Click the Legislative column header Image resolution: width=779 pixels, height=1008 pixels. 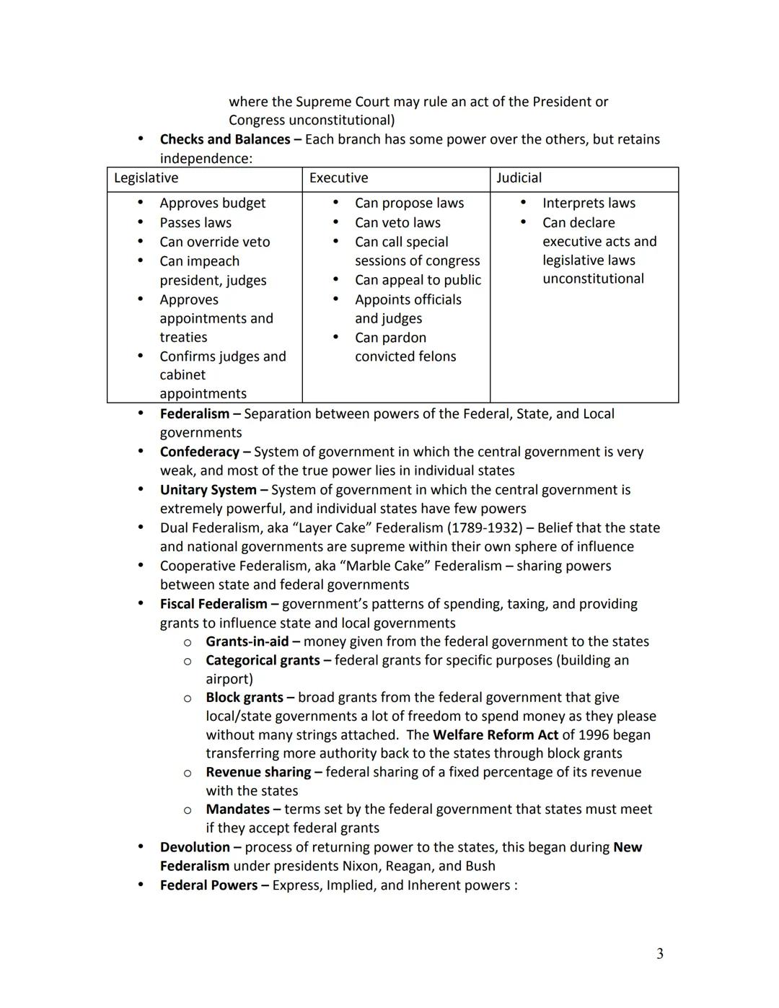[x=146, y=178]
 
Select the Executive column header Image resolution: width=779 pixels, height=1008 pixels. [x=338, y=178]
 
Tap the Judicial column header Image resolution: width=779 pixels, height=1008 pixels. [x=519, y=178]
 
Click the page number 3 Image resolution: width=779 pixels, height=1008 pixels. [x=659, y=954]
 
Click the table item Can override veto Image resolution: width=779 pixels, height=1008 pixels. [x=214, y=242]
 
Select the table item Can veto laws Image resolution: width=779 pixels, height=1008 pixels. [x=397, y=223]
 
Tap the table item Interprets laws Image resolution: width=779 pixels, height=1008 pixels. [x=589, y=203]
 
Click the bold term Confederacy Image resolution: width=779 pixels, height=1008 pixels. [x=199, y=452]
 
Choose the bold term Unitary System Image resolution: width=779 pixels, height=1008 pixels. [x=208, y=490]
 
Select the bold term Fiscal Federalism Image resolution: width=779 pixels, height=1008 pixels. [x=214, y=604]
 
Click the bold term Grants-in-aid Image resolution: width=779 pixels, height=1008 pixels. [x=247, y=641]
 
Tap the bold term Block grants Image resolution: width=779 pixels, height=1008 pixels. [x=244, y=698]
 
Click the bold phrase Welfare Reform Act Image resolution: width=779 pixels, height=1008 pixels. [x=495, y=735]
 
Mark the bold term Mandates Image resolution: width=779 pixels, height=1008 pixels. [x=237, y=810]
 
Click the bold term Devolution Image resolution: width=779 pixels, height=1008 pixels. [x=195, y=847]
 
